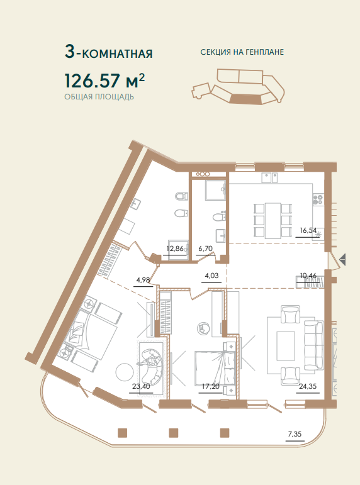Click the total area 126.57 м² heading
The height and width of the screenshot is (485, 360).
(x=104, y=80)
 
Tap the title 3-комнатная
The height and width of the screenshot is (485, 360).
(x=109, y=52)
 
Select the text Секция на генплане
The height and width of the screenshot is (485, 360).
(x=242, y=52)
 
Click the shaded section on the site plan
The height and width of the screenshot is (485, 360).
(x=246, y=99)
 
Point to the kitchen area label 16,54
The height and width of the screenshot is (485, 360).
(x=308, y=230)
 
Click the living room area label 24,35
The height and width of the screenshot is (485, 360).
(x=308, y=386)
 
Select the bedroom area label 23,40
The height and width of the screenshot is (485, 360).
(x=141, y=386)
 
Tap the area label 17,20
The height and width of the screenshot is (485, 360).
(x=210, y=386)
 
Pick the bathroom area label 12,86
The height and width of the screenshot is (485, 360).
(x=175, y=248)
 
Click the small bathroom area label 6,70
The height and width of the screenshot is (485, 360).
(x=206, y=248)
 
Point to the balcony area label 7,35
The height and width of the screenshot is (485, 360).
(x=295, y=434)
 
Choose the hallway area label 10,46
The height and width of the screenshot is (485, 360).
(x=308, y=275)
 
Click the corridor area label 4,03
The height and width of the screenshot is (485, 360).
(x=211, y=276)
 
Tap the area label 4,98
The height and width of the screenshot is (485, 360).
(x=143, y=280)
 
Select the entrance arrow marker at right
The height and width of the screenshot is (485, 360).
(x=342, y=259)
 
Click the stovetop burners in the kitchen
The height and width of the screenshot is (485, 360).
(x=318, y=199)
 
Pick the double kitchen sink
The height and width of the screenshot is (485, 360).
(x=269, y=177)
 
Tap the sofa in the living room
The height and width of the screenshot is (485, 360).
(x=313, y=343)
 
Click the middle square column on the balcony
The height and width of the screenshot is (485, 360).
(x=174, y=433)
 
